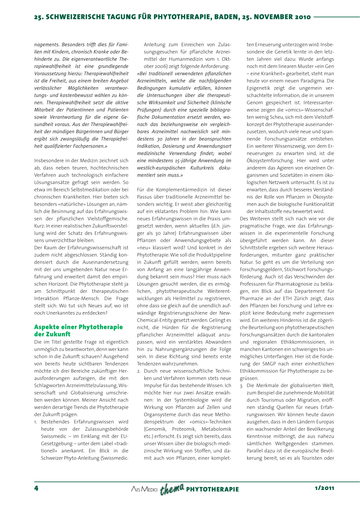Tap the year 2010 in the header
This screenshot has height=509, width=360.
pos(302,17)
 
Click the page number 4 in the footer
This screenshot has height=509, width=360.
pos(36,488)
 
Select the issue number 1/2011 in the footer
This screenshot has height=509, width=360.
pos(324,488)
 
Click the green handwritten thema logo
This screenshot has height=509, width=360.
pos(172,489)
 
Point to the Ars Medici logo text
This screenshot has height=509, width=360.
pos(144,489)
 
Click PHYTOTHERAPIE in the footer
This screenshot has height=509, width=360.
pos(212,489)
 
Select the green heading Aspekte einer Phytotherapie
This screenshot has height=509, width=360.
pos(78,327)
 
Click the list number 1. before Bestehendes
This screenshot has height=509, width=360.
pos(36,422)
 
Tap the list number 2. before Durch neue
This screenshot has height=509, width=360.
pos(139,371)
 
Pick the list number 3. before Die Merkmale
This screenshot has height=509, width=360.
pos(242,386)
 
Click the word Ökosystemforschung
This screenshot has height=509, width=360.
pos(270,161)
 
